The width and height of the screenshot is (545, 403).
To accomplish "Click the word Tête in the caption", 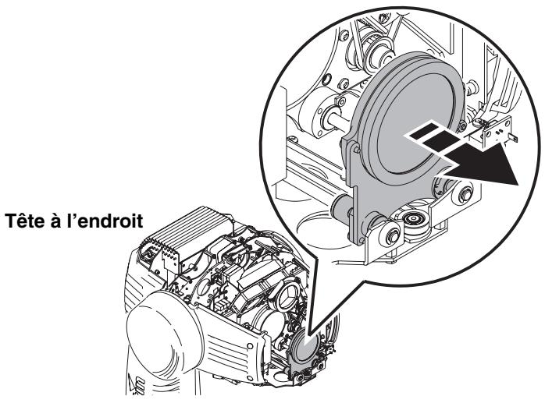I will (x=26, y=221).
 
